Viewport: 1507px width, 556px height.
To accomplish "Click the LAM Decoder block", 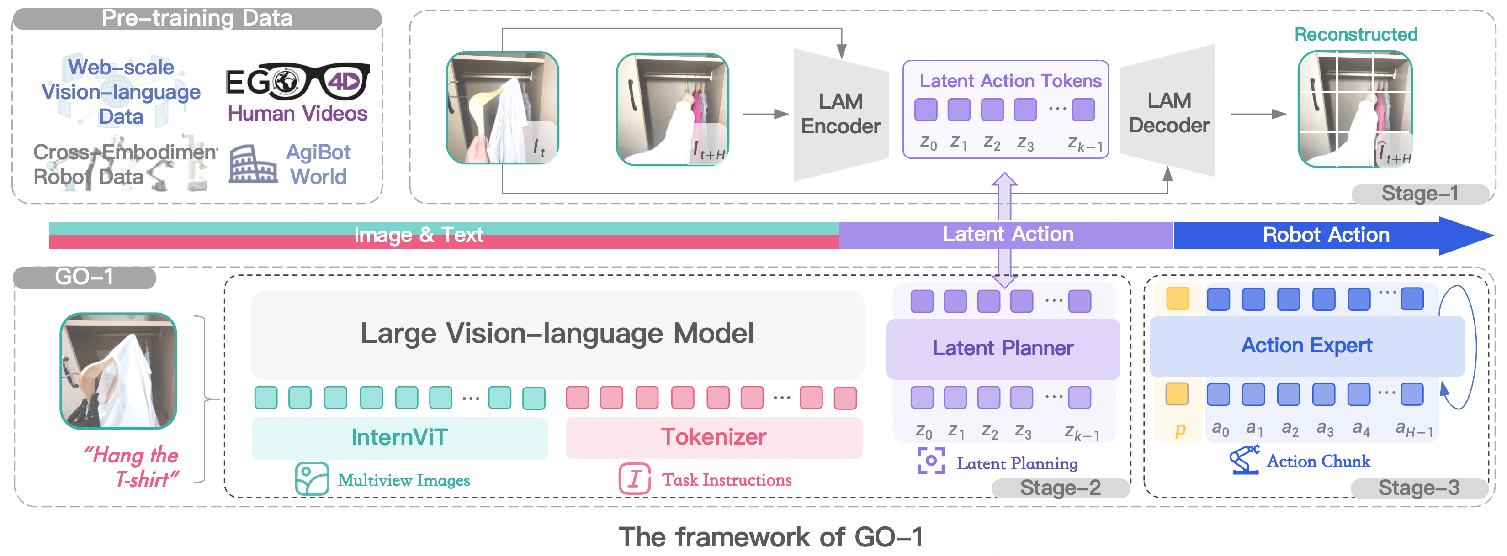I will tap(1168, 112).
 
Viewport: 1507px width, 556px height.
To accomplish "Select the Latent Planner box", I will tap(1003, 348).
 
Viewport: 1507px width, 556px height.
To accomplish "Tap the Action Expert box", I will tap(1306, 346).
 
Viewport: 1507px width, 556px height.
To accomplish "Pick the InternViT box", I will tap(399, 437).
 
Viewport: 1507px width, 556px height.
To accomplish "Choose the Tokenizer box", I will tap(714, 437).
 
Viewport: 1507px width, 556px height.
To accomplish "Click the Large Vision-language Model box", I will tap(557, 334).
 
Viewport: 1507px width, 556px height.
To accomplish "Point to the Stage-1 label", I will tap(1419, 194).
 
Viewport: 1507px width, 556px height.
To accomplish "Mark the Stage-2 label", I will tap(1060, 488).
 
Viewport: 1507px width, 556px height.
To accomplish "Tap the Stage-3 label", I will tap(1419, 488).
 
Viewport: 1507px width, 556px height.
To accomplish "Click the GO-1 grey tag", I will tap(84, 277).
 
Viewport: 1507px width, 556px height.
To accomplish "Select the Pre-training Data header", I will tap(197, 19).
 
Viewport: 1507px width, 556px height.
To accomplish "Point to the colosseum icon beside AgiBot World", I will tap(253, 165).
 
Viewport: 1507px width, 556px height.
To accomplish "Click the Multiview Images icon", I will tap(312, 479).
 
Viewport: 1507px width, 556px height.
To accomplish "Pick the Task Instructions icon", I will tap(635, 479).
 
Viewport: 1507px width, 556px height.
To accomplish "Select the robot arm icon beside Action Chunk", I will tap(1244, 460).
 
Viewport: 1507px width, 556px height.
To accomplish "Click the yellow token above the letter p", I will tap(1177, 394).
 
